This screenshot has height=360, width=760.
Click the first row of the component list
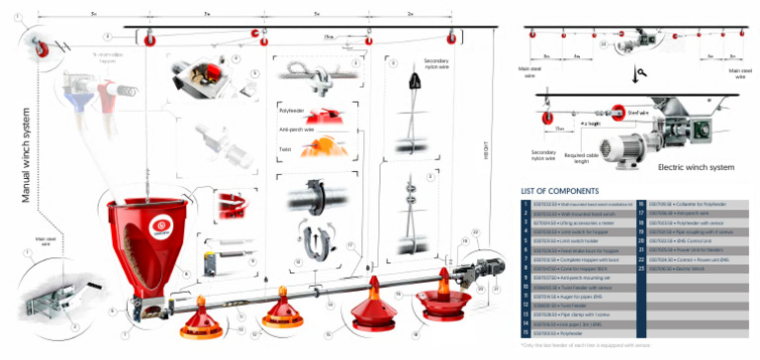click(x=581, y=203)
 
